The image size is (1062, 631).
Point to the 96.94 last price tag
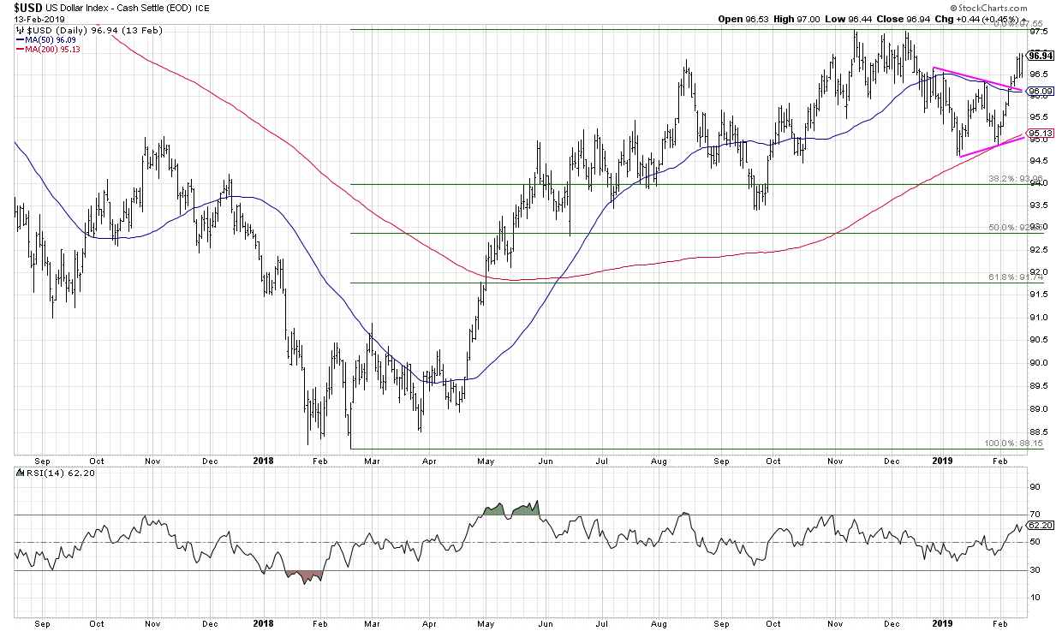[x=1040, y=56]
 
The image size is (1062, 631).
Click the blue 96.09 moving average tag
[x=1040, y=91]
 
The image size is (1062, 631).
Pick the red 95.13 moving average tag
[x=1040, y=133]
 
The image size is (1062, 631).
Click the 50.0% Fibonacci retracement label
[x=995, y=228]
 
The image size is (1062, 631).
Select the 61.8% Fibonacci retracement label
[x=995, y=278]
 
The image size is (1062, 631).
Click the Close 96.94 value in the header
[x=963, y=19]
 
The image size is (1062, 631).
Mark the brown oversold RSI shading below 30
[x=304, y=576]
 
